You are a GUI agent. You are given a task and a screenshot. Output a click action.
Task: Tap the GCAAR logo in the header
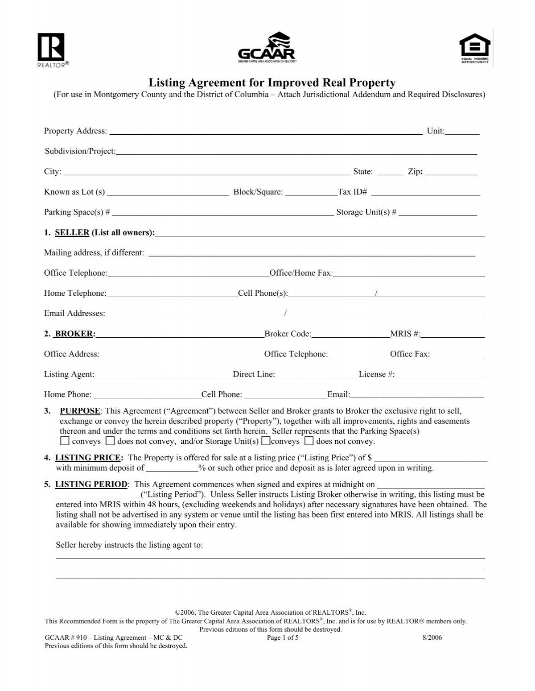(267, 46)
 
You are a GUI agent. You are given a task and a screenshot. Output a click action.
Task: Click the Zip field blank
(451, 172)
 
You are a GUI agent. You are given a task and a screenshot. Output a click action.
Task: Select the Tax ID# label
(352, 192)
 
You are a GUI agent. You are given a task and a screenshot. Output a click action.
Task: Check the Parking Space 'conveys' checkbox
(65, 441)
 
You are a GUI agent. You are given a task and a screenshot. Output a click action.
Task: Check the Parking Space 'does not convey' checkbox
(111, 441)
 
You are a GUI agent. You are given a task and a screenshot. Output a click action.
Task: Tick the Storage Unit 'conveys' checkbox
(266, 441)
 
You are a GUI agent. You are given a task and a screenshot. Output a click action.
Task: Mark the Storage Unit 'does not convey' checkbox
(309, 441)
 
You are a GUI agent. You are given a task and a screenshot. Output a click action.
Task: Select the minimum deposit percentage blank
(172, 468)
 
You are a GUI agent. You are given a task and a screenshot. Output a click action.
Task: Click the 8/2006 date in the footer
(432, 637)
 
